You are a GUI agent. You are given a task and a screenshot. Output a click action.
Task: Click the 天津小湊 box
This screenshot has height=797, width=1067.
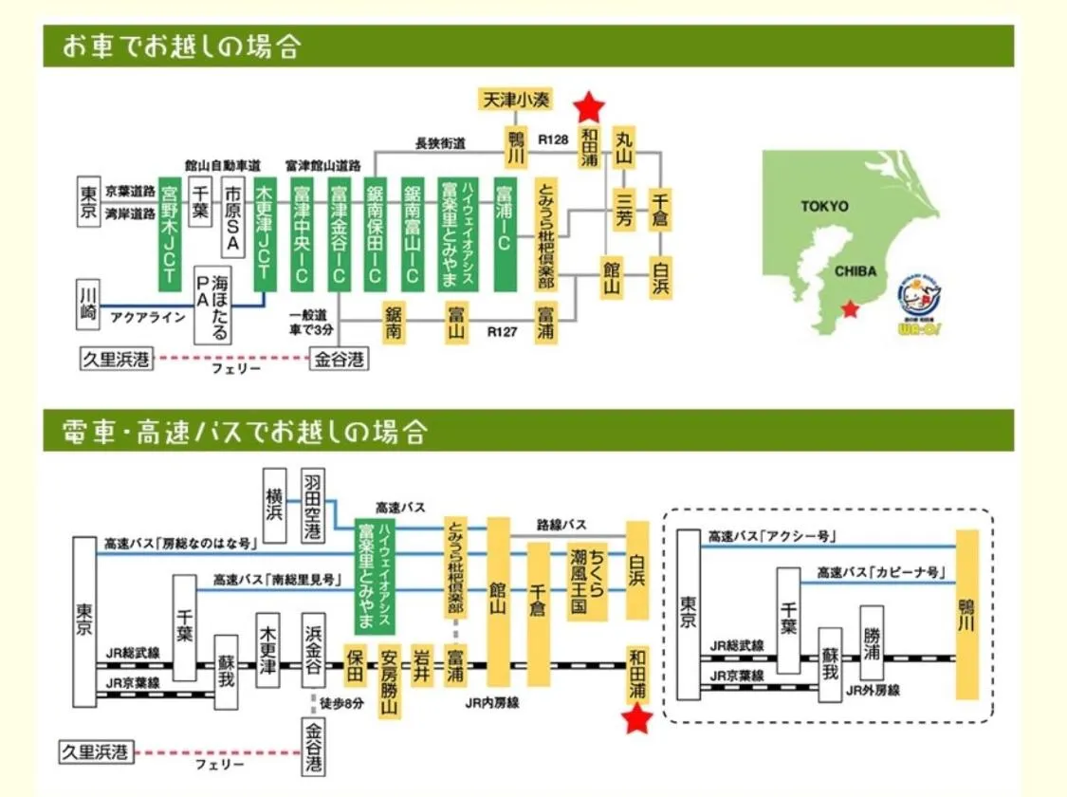pyautogui.click(x=517, y=99)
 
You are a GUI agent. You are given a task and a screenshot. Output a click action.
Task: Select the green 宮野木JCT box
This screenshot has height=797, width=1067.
pyautogui.click(x=170, y=232)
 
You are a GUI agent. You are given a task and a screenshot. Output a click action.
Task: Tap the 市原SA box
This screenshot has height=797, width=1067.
pyautogui.click(x=232, y=217)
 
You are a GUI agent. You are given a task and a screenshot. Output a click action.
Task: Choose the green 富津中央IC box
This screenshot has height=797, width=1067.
pyautogui.click(x=302, y=232)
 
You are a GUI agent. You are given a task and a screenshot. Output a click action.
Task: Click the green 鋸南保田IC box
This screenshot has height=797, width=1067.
pyautogui.click(x=376, y=232)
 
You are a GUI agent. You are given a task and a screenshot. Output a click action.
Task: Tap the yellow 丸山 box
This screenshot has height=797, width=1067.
pyautogui.click(x=623, y=146)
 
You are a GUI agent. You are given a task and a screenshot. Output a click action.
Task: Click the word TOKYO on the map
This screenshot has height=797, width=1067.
pyautogui.click(x=824, y=206)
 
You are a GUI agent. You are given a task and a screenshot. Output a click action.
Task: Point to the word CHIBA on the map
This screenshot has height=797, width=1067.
pyautogui.click(x=855, y=270)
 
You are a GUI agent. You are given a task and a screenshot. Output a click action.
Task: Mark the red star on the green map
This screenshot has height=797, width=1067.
pyautogui.click(x=852, y=309)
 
